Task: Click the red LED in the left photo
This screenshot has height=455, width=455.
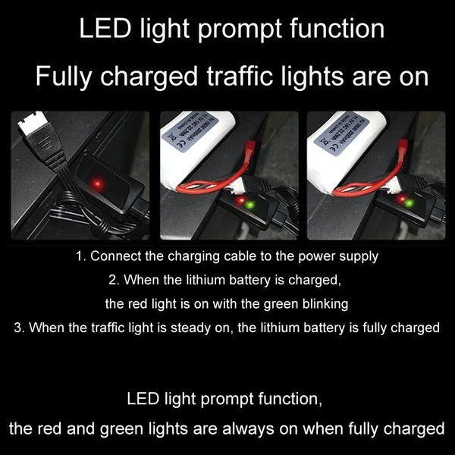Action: (x=97, y=184)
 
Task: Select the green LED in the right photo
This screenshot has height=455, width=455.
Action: (x=408, y=203)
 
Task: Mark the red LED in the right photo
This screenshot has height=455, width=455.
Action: (x=395, y=200)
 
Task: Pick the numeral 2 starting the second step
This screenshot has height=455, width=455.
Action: (x=111, y=280)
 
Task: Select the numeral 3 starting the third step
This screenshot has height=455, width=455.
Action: (x=17, y=328)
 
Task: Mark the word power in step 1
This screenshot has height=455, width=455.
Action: (x=317, y=256)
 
